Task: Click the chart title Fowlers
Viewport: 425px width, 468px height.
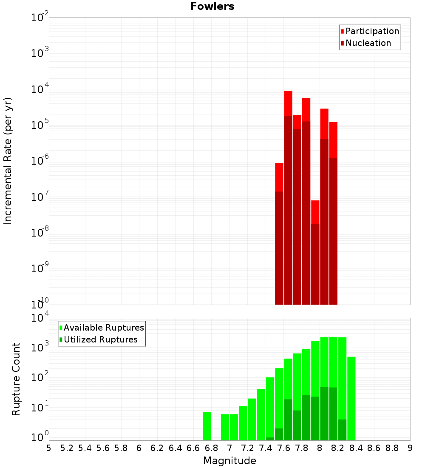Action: coord(212,6)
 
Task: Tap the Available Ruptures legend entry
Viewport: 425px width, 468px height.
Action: coord(104,328)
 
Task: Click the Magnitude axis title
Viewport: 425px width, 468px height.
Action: coord(229,461)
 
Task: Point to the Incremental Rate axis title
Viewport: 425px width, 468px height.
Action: coord(8,161)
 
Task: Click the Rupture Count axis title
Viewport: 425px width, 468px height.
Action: coord(16,379)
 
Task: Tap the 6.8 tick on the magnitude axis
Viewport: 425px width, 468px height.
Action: coord(211,448)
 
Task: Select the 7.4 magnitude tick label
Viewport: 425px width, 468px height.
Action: coord(266,448)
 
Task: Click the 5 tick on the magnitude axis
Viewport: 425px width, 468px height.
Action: coord(49,448)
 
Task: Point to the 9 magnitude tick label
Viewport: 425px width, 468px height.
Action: coord(410,448)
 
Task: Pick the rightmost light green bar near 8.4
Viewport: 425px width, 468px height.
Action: coord(351,398)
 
